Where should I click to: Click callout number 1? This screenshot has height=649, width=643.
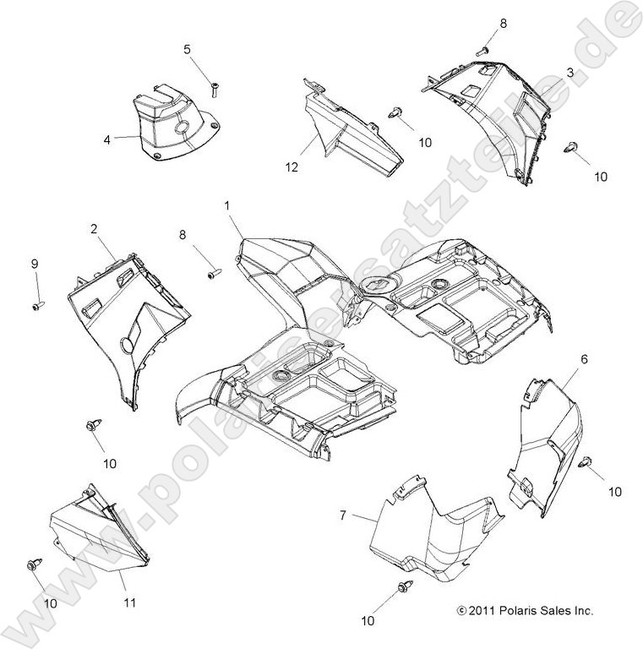226,205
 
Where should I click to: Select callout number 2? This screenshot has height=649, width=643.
95,228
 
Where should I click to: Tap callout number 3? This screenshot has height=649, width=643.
570,73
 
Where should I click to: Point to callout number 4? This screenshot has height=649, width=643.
107,140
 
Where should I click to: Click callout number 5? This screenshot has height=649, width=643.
187,50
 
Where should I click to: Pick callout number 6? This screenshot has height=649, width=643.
584,359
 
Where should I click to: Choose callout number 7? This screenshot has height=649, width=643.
342,515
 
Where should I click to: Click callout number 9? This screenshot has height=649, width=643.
35,264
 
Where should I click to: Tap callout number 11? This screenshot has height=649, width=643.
130,603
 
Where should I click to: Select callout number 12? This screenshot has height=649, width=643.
292,167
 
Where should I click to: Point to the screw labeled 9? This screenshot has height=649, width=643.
38,306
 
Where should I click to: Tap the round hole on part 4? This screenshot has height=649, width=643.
182,128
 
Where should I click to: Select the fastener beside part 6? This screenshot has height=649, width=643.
586,461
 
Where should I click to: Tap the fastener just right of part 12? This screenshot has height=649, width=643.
394,112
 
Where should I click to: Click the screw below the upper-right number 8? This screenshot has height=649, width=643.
482,52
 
